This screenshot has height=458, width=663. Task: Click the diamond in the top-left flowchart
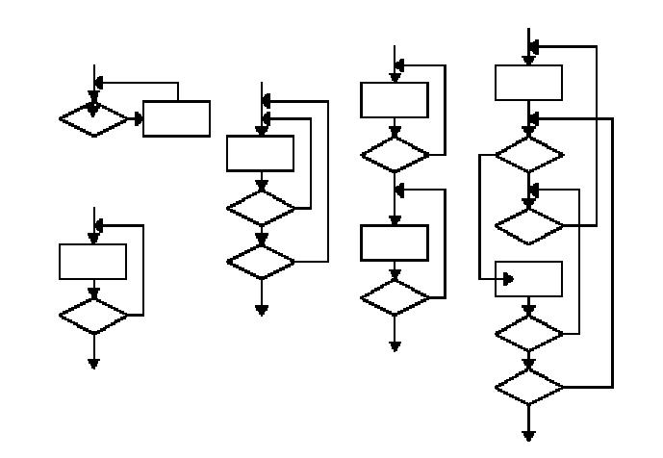coord(93,119)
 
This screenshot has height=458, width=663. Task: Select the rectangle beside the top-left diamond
coord(176,118)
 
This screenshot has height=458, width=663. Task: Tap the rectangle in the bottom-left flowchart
coord(93,261)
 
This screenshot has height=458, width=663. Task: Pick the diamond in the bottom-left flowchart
coord(93,315)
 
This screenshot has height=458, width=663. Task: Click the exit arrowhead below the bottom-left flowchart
coord(93,363)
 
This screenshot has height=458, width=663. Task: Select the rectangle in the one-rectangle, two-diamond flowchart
coord(260,154)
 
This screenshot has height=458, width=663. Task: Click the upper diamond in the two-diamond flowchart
coord(260,206)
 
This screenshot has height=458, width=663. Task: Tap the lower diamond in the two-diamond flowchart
coord(260,261)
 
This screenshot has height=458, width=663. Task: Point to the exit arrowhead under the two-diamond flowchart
coord(260,309)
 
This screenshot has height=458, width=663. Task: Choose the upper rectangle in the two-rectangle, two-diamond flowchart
coord(395,99)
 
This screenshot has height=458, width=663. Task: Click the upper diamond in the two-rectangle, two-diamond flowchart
coord(395,154)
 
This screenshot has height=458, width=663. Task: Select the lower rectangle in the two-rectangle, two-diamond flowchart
coord(395,242)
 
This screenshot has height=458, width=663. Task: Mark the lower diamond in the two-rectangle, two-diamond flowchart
coord(395,296)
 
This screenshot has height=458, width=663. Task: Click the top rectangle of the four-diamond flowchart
coord(528,82)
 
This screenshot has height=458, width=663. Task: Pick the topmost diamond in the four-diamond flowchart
coord(528,154)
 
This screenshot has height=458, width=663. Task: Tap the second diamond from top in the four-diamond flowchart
coord(528,225)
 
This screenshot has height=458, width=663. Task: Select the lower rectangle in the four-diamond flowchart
coord(528,279)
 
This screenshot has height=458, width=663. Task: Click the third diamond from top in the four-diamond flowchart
coord(528,332)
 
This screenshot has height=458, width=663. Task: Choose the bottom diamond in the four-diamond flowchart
coord(528,387)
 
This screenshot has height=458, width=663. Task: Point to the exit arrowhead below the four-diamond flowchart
coord(528,432)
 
